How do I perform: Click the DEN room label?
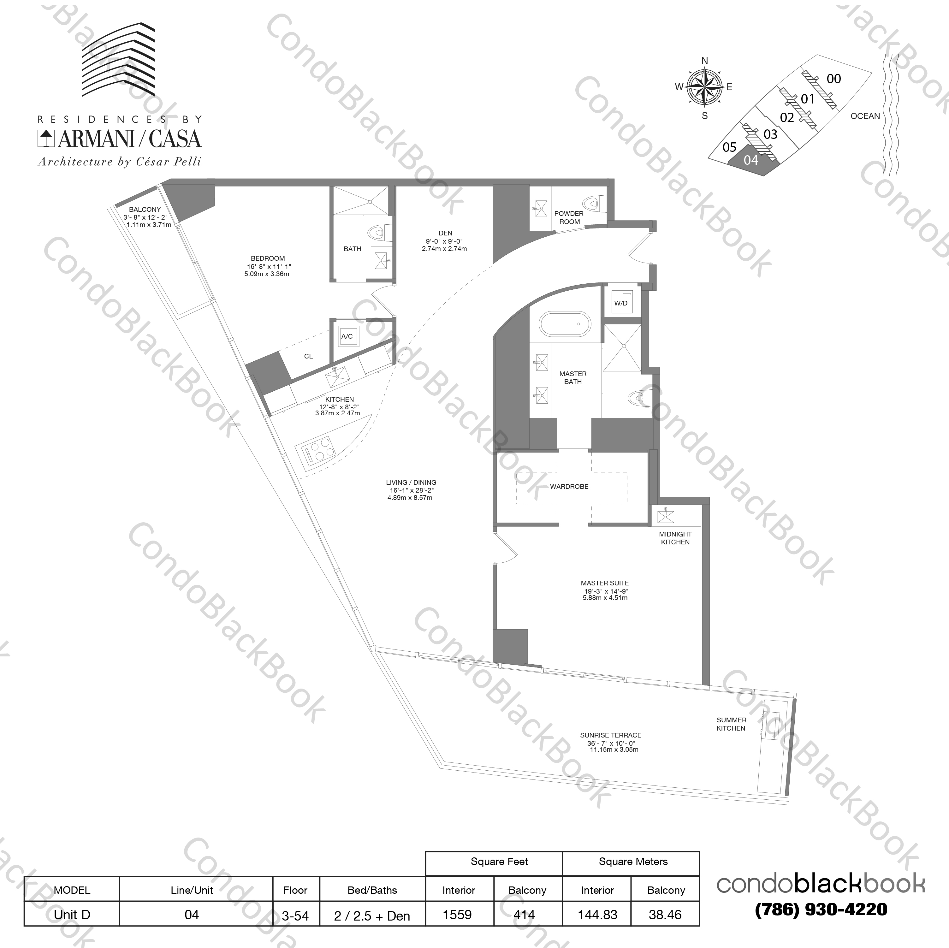(445, 233)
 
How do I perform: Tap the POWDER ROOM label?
(569, 218)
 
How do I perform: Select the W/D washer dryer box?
(620, 303)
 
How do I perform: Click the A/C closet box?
(347, 336)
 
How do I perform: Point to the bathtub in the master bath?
(565, 324)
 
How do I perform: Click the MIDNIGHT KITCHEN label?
(675, 538)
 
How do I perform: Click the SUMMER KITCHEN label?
(731, 724)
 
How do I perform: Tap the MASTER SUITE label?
(605, 583)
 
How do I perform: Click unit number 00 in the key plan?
(833, 79)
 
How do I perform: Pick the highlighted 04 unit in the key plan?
(750, 160)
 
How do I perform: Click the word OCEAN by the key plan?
(865, 116)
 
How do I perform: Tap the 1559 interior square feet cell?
(457, 915)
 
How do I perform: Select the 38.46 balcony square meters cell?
(665, 915)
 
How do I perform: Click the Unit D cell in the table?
(72, 915)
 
